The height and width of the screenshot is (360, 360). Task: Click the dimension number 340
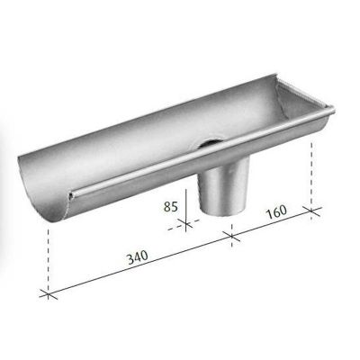click(x=137, y=257)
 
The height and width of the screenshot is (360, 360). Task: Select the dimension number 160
click(x=275, y=213)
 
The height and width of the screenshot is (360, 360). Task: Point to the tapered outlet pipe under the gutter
click(x=216, y=189)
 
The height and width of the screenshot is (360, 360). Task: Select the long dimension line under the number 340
click(x=135, y=267)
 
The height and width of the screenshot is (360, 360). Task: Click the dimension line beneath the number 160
click(x=270, y=226)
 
